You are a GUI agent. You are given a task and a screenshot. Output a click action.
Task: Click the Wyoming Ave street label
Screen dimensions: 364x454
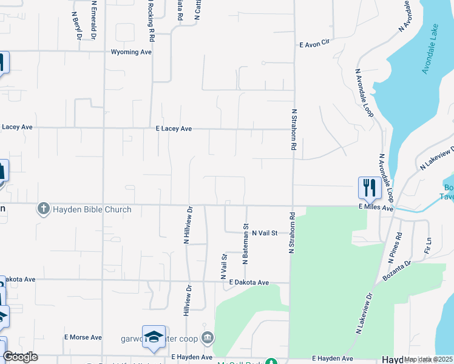pos(131,52)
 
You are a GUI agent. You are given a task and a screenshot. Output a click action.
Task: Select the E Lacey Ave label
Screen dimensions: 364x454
pos(174,129)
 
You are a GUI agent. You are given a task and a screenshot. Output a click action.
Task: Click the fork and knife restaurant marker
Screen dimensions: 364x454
pos(369,187)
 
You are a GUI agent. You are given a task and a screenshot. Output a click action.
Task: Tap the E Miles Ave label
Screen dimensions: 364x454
pos(376,208)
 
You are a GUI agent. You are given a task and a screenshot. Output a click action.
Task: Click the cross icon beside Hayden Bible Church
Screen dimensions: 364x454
pos(43,209)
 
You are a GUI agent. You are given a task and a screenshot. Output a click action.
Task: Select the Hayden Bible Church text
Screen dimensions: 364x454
pos(92,210)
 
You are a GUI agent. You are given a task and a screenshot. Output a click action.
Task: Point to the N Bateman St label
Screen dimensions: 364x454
pos(246,244)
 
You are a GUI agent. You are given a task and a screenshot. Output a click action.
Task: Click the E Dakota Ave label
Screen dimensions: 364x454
pos(249,283)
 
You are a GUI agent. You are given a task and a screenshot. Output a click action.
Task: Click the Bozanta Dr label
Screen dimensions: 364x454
pos(397,271)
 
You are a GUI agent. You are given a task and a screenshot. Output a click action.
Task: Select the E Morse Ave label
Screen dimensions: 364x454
pos(83,337)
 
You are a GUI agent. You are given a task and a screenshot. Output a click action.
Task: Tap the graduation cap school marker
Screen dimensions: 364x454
pos(154,337)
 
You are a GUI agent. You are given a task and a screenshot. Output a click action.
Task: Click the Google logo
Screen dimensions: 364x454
pos(20,357)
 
